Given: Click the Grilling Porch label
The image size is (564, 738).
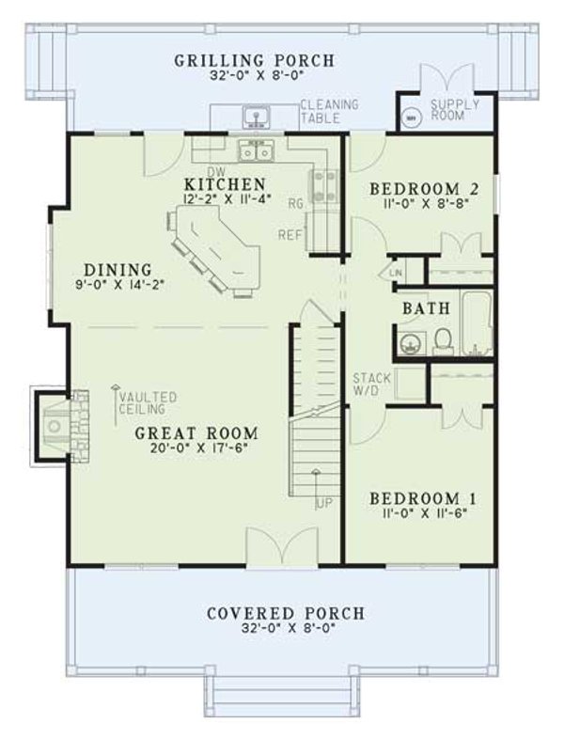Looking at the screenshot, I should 254,62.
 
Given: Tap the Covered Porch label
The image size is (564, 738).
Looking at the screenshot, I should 285,614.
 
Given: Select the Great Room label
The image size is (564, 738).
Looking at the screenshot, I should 196,433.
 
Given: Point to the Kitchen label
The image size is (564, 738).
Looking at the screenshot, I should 226,182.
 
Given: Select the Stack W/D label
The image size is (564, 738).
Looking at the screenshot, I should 367,385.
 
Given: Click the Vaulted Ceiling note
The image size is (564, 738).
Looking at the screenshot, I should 147,402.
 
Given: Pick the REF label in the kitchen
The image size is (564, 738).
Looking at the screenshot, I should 290,236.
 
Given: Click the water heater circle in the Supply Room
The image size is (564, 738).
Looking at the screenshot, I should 411,119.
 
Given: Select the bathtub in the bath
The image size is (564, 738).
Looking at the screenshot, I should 477,324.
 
